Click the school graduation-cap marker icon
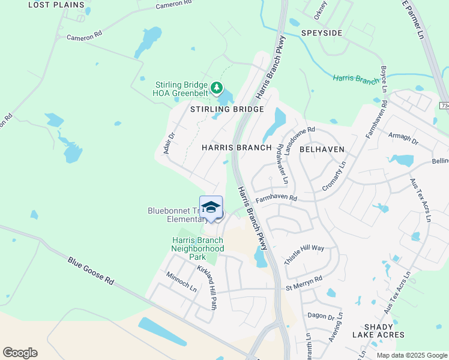211,208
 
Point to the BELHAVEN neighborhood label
321,148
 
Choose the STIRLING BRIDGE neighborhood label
227,109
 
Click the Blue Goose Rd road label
91,271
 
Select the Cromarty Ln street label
334,176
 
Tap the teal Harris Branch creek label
356,79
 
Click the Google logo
20,353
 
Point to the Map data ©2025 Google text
411,355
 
